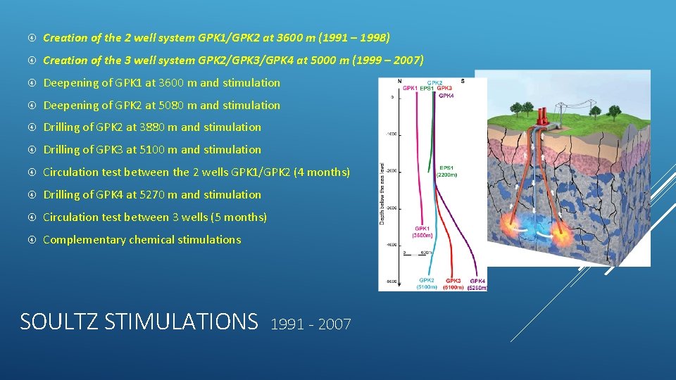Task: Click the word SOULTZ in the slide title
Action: pyautogui.click(x=59, y=322)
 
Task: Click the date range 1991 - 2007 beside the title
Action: pyautogui.click(x=311, y=324)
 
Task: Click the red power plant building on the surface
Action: pyautogui.click(x=543, y=115)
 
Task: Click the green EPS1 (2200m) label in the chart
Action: pyautogui.click(x=448, y=171)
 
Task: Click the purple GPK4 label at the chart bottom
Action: pyautogui.click(x=477, y=284)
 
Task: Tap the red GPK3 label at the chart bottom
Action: pyautogui.click(x=453, y=284)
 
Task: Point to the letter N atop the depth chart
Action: pyautogui.click(x=399, y=80)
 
